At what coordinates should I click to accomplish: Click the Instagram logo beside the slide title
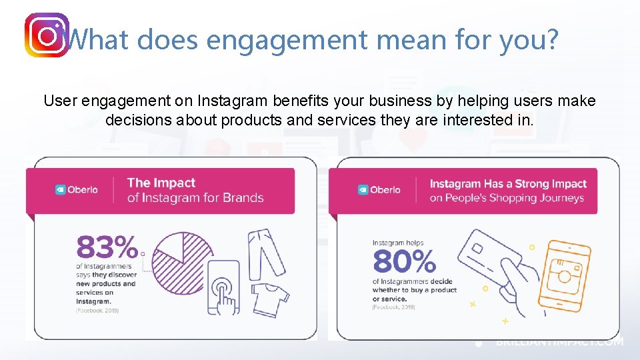47,35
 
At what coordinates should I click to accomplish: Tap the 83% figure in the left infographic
107,248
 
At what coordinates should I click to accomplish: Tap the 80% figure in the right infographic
404,262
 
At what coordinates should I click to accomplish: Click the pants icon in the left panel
265,252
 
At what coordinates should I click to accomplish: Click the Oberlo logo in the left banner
76,189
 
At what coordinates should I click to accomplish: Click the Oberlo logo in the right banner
379,189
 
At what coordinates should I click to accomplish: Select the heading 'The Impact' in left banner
161,183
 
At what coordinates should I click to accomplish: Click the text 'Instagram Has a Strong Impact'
508,183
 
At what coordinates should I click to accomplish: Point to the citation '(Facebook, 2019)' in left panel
97,311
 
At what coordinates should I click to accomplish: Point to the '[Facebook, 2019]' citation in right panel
393,307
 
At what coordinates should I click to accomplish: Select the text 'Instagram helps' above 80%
398,243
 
